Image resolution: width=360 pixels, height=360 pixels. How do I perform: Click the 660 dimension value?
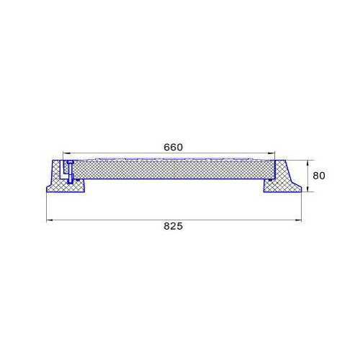tap(173, 147)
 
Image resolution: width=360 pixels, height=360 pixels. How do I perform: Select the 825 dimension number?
tap(173, 226)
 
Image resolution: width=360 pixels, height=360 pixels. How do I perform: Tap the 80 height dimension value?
tap(319, 176)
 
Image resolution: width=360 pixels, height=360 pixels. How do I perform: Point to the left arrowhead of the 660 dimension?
tap(66, 153)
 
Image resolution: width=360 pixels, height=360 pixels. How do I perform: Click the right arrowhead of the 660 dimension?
tap(271, 153)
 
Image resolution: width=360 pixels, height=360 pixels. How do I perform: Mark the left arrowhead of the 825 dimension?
tap(50, 220)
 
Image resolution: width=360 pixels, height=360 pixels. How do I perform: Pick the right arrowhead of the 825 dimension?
tap(298, 220)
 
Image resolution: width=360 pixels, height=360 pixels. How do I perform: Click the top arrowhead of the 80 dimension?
tap(307, 163)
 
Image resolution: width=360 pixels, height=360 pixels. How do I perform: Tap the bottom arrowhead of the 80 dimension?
tap(307, 189)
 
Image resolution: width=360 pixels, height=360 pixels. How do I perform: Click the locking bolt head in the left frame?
tap(70, 162)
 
